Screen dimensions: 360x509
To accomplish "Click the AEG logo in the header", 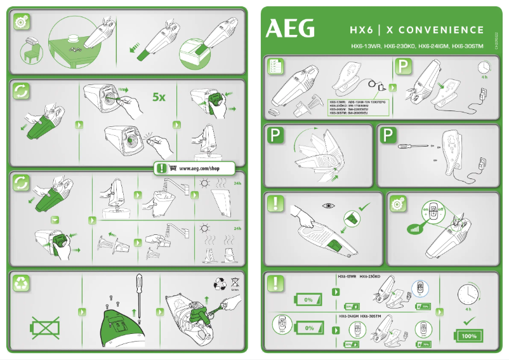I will pyautogui.click(x=290, y=29).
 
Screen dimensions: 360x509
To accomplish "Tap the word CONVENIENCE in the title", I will pyautogui.click(x=442, y=30).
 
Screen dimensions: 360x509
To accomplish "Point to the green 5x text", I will pyautogui.click(x=159, y=98).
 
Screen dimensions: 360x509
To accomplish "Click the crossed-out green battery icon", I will pyautogui.click(x=46, y=328).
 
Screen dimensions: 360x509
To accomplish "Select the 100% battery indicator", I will pyautogui.click(x=468, y=335).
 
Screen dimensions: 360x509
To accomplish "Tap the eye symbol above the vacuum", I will pyautogui.click(x=328, y=206).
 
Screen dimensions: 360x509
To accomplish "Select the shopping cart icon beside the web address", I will pyautogui.click(x=173, y=169).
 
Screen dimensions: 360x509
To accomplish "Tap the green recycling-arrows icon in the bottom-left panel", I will pyautogui.click(x=22, y=284).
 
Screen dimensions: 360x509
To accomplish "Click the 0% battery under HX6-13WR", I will pyautogui.click(x=308, y=298).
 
